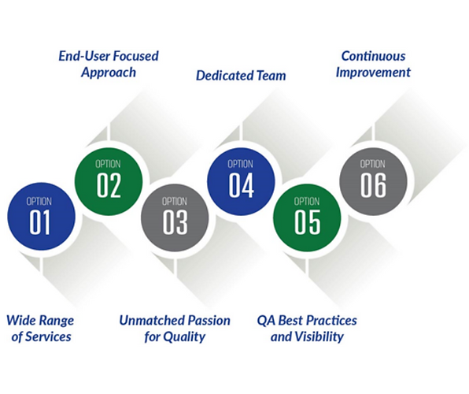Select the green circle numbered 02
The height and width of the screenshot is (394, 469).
[109, 180]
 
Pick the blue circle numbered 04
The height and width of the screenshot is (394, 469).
[241, 180]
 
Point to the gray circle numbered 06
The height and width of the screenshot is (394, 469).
[373, 180]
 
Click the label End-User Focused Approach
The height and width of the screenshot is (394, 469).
[109, 64]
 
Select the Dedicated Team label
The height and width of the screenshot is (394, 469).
[241, 76]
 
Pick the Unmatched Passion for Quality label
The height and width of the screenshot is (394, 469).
[175, 329]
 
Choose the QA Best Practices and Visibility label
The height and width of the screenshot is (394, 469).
[307, 329]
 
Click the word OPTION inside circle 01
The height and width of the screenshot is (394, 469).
[40, 201]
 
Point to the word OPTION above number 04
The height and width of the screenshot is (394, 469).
[241, 164]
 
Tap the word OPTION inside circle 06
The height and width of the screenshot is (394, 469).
[373, 164]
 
